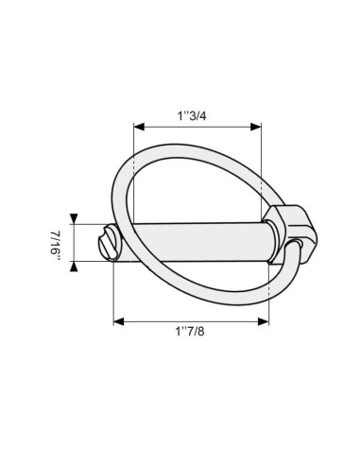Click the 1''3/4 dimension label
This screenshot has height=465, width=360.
pos(196,114)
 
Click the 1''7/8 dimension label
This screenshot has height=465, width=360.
pos(191,332)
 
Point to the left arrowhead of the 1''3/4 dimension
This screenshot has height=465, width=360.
pos(138,126)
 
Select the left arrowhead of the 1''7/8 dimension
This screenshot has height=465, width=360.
pos(117,321)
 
